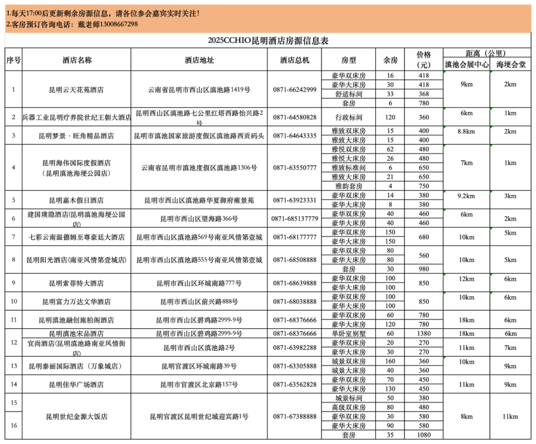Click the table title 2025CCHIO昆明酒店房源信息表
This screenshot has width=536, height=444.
tap(268, 41)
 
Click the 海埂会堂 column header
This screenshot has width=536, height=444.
tap(511, 64)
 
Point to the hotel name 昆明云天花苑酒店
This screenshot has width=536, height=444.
tap(76, 90)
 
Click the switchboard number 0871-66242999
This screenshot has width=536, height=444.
tap(294, 90)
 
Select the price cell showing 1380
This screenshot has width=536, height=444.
tap(423, 333)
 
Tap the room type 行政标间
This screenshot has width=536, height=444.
tap(349, 118)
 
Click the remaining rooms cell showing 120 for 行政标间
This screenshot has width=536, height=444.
tap(390, 118)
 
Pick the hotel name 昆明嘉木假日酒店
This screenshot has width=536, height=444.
tap(76, 200)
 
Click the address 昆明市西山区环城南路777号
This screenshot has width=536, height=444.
tap(199, 283)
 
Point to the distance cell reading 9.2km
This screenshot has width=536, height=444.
tap(466, 196)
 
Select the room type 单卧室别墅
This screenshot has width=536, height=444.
tap(349, 333)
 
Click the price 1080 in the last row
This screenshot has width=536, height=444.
tap(423, 435)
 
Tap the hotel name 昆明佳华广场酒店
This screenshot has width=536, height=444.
tap(76, 384)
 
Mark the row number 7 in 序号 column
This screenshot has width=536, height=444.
tap(13, 237)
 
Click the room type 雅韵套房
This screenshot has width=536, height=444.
tap(349, 186)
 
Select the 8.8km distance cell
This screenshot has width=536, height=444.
tap(466, 131)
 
